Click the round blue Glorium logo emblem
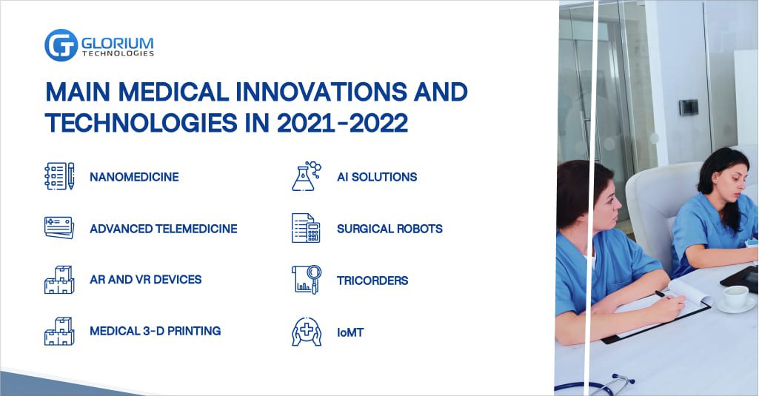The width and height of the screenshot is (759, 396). pos(61,45)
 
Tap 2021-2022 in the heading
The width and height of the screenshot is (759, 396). pos(343,123)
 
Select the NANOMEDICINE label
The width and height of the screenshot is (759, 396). pos(134,177)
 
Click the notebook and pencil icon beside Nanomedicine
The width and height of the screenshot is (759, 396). pos(59,176)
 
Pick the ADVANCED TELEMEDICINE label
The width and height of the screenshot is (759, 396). pos(164,229)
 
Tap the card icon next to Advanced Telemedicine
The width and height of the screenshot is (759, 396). pos(59,227)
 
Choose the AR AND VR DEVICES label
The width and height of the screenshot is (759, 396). pos(146,279)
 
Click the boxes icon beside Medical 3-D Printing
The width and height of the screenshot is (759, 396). pos(59,331)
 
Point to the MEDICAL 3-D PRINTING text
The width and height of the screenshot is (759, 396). pos(156,331)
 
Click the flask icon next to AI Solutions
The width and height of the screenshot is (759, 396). pos(306,176)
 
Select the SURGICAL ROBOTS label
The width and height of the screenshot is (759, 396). pos(389,229)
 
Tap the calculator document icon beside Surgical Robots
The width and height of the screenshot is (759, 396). pos(306,227)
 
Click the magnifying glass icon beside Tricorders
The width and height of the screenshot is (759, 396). pos(307,279)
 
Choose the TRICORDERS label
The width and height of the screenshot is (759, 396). pos(372,281)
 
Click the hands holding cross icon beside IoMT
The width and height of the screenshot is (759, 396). pos(307,331)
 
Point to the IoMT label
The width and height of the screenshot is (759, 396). pos(350,332)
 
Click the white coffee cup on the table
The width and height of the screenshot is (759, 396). pos(736,298)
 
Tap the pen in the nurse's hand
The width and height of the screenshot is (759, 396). pos(664,295)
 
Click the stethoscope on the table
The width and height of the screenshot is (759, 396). pos(596,385)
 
